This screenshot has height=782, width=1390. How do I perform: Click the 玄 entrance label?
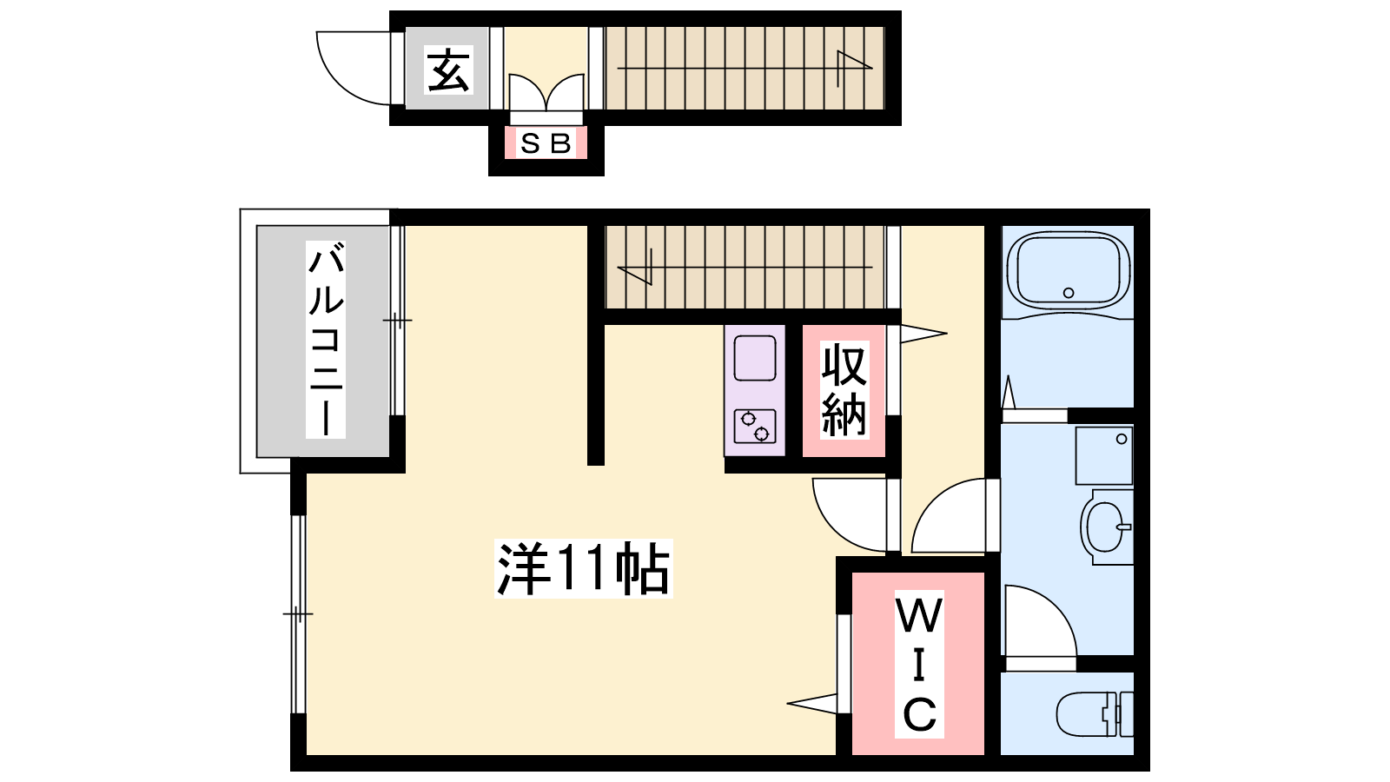(448, 70)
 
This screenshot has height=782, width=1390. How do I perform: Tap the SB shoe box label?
(546, 144)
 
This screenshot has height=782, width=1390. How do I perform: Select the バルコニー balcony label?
(325, 340)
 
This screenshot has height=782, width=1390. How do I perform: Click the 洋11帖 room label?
(583, 568)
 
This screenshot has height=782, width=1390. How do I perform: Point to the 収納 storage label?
(844, 390)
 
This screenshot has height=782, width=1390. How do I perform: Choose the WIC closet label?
(919, 664)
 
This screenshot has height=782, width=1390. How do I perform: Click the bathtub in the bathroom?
(1068, 271)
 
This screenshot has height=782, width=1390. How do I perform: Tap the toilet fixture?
(1095, 713)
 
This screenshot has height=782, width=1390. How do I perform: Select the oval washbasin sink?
(1105, 527)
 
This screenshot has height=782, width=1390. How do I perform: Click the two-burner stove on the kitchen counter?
(755, 426)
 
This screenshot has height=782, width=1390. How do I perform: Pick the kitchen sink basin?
(755, 358)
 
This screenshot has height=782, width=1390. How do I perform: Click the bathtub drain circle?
(1069, 292)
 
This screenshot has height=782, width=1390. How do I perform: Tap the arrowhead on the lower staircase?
(634, 267)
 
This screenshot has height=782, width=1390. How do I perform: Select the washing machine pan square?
(1104, 455)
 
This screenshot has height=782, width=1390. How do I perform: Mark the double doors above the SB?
(546, 93)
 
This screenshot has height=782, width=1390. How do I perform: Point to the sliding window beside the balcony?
(397, 321)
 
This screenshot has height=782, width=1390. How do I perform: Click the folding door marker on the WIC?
(811, 704)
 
